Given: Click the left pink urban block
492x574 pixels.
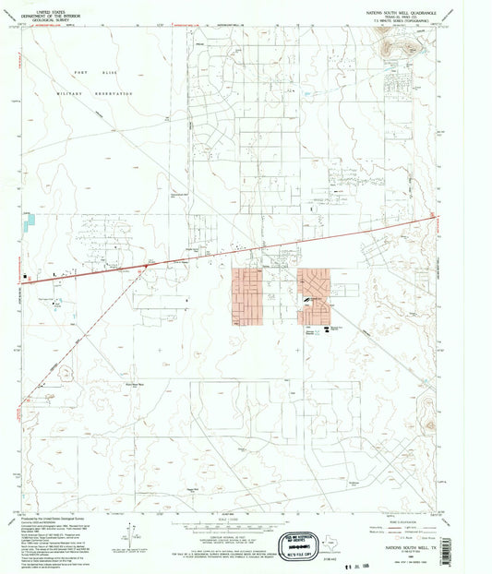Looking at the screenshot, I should pos(246,296).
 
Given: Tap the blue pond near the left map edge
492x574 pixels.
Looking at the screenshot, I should pos(30,221).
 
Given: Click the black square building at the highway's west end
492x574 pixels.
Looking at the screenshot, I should pos(26,274).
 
